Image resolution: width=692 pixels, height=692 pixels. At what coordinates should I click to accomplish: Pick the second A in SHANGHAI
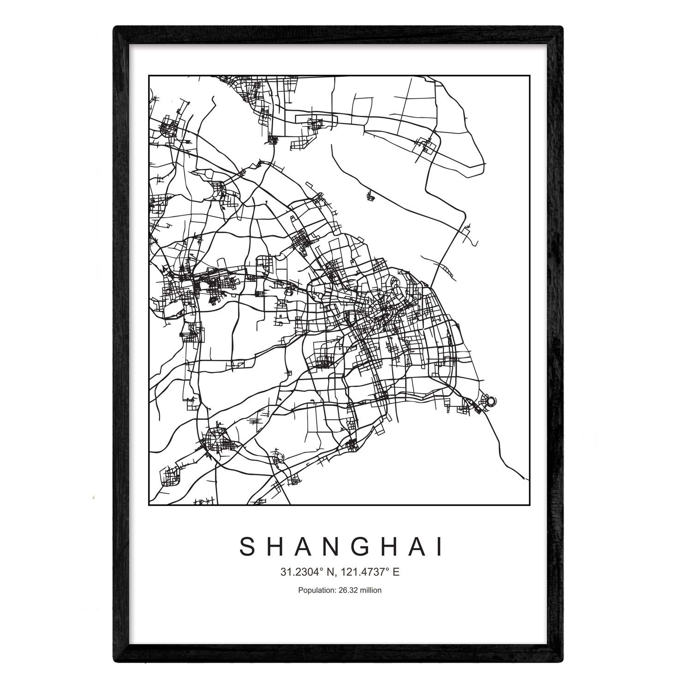pos(420,548)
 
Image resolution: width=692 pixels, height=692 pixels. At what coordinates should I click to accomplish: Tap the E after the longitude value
pos(396,573)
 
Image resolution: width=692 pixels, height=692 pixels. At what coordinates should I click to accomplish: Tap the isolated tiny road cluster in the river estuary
pos(370,197)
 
